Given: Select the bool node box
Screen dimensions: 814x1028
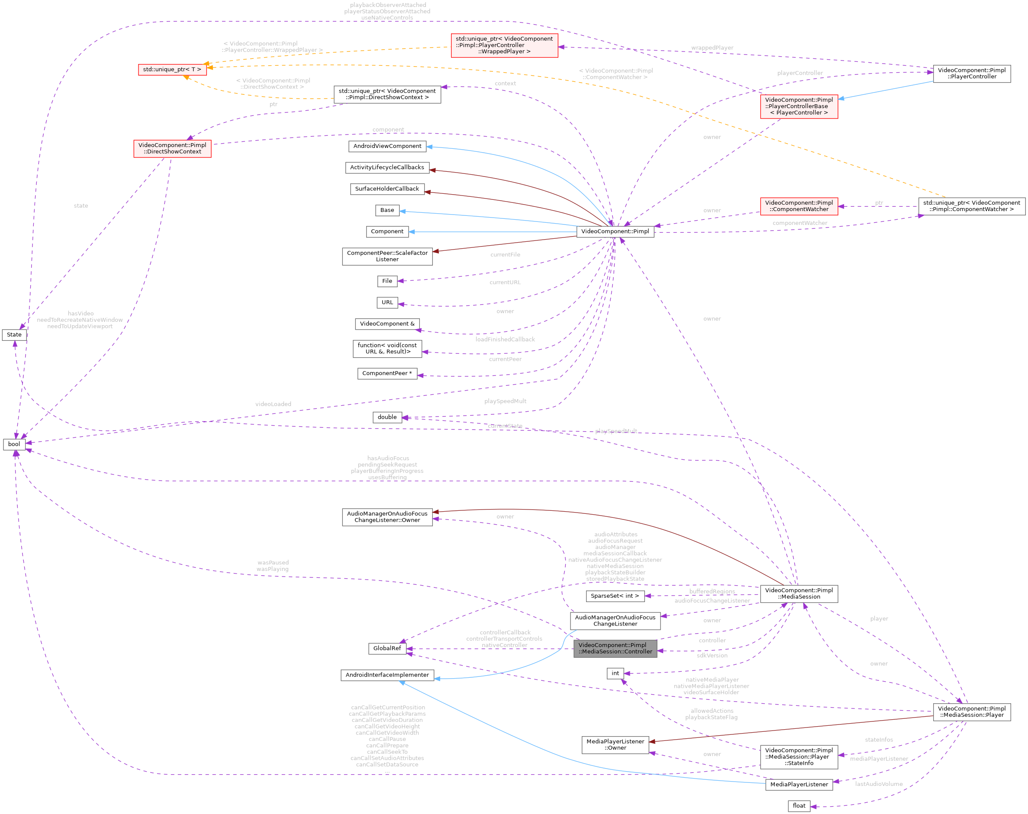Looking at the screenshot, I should (14, 444).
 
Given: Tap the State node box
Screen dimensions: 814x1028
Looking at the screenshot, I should (14, 335).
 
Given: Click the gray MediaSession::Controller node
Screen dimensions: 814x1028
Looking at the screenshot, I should (615, 648).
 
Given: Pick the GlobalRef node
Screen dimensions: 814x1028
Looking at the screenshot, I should (387, 648).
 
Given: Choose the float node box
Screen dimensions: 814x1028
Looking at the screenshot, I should (799, 805).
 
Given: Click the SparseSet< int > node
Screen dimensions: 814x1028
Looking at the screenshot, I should (615, 596).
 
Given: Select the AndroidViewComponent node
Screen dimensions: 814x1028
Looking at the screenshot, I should (387, 146).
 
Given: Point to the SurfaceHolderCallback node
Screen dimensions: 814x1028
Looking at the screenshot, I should (387, 189).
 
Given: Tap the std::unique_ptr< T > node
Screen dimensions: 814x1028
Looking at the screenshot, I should (172, 70).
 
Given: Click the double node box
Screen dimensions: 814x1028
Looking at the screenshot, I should (387, 417).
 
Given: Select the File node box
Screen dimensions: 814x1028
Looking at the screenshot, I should (387, 281).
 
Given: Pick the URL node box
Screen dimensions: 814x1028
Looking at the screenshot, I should (387, 302).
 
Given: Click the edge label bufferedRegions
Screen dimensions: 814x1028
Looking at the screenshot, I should (712, 591).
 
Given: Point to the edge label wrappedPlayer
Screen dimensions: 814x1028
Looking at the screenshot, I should (712, 48).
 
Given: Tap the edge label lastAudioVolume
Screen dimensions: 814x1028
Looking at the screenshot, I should (879, 784).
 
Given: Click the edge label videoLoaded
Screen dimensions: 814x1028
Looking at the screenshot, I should (273, 404).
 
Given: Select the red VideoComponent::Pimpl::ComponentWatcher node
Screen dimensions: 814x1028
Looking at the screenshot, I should (799, 206).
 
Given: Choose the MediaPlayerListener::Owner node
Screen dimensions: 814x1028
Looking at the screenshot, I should (615, 744).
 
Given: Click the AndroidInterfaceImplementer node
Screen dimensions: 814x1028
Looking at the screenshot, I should (387, 675).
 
